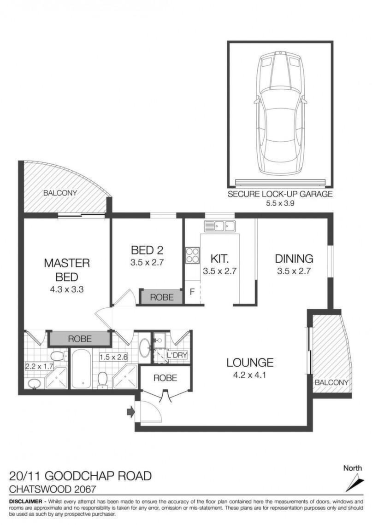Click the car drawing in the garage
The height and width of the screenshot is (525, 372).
[x=280, y=112]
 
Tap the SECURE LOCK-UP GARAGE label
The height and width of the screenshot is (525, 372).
[x=280, y=194]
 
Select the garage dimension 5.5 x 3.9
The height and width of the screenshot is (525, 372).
[x=280, y=203]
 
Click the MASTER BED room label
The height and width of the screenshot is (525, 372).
[x=67, y=270]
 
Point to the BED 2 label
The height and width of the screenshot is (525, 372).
[x=147, y=250]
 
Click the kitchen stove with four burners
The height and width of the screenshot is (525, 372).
[x=192, y=255]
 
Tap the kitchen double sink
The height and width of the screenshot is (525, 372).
[x=220, y=226]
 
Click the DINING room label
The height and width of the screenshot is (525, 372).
[x=294, y=259]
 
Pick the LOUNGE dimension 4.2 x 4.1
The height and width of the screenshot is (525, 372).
[x=249, y=375]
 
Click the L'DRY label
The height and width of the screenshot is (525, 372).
[x=177, y=355]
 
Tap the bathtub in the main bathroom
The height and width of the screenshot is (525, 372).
[x=81, y=369]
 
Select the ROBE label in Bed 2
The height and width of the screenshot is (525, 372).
[x=162, y=297]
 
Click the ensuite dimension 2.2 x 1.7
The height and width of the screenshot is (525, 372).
[x=39, y=366]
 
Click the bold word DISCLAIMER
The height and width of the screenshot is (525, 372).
[x=25, y=502]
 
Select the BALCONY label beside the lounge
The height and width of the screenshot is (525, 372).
[x=331, y=382]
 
